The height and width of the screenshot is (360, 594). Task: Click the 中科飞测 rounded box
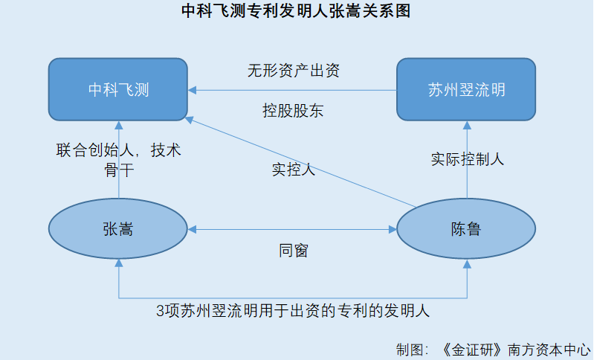(118, 89)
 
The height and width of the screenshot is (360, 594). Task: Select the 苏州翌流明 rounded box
(466, 89)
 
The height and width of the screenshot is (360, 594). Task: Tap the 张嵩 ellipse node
(118, 229)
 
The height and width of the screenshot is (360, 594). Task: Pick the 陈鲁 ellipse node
(466, 229)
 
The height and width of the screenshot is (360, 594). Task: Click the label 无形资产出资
(294, 71)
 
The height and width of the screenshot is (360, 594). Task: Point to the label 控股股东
(293, 111)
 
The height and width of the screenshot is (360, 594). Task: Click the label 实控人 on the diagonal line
(294, 169)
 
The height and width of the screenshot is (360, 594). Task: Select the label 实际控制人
(468, 159)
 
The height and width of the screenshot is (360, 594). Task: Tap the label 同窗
(294, 251)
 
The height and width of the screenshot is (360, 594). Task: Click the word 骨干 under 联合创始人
(119, 170)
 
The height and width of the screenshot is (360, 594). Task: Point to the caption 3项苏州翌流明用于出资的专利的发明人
(293, 311)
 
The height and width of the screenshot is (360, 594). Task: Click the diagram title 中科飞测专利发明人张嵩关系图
(296, 10)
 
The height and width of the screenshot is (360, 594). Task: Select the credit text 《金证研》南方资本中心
(516, 350)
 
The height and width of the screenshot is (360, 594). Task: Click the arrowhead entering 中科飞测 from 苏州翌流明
(192, 90)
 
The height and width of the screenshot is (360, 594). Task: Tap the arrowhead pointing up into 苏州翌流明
(467, 126)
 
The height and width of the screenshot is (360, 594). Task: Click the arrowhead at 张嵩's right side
(192, 229)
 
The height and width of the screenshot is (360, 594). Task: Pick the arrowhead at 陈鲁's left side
(393, 229)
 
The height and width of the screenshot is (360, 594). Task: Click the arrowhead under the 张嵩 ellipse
(119, 263)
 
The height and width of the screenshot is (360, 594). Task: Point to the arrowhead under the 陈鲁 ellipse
(467, 264)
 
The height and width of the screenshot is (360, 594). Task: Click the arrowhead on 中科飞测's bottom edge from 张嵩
(119, 126)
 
